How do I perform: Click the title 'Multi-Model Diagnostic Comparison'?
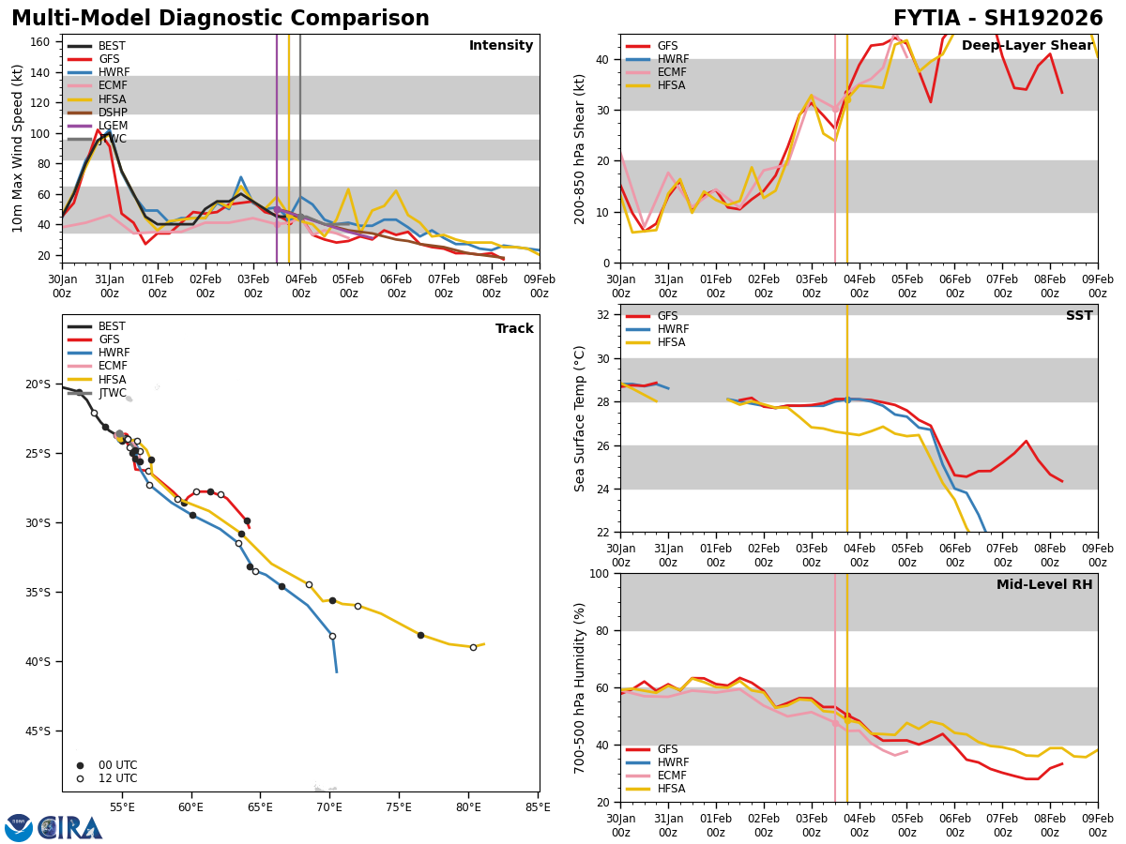coord(221,19)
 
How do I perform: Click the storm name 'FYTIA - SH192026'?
coord(997,19)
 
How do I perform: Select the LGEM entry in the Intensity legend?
coord(113,126)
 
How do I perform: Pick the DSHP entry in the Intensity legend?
coord(112,113)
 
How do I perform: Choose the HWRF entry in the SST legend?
coord(673,329)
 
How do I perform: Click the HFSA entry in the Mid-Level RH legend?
coord(671,789)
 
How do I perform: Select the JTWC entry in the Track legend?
coord(114,393)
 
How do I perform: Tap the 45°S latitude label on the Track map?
coord(38,731)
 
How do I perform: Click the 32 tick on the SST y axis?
coord(605,315)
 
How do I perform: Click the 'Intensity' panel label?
coord(500,46)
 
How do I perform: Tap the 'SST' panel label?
coord(1078,316)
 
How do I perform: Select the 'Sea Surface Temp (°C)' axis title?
coord(580,418)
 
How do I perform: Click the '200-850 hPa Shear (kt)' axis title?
coord(580,149)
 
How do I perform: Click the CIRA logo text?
coord(70,828)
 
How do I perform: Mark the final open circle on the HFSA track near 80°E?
coord(473,647)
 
